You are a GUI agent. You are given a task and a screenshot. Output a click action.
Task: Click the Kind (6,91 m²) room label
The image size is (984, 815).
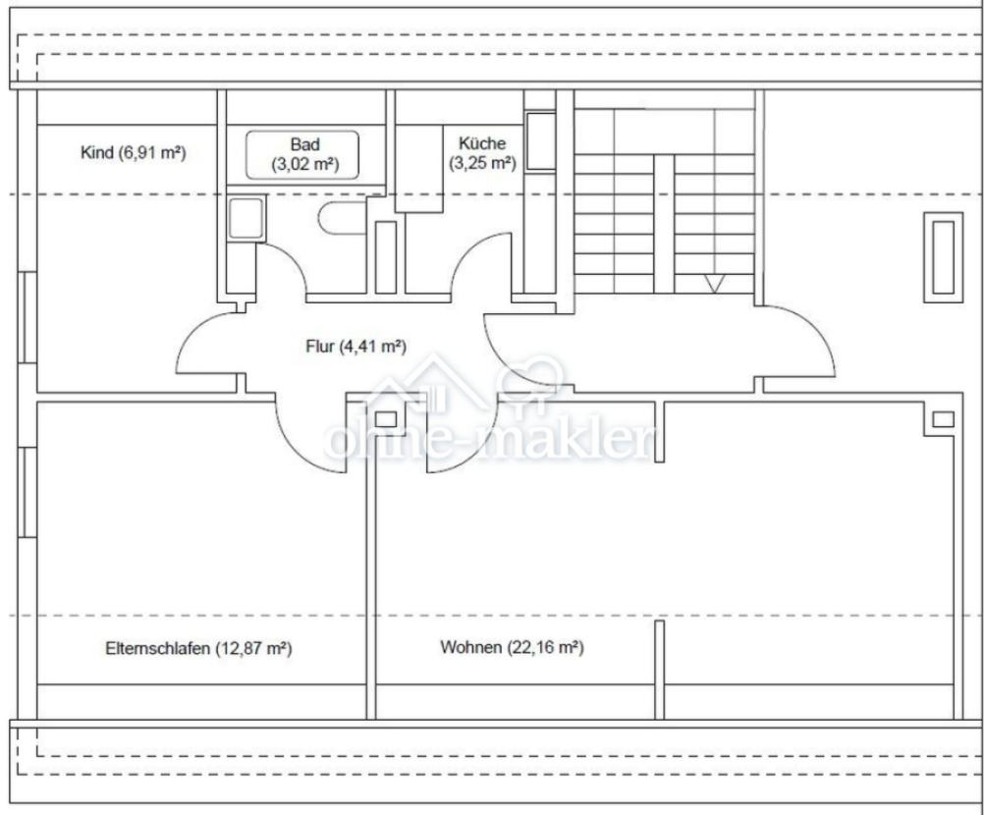click(x=133, y=152)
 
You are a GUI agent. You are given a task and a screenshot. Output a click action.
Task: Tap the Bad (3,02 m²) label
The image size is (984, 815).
click(x=305, y=154)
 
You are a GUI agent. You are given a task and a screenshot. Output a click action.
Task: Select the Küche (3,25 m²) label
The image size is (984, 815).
click(x=482, y=153)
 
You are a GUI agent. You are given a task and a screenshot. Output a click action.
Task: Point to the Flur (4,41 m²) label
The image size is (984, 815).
click(x=355, y=347)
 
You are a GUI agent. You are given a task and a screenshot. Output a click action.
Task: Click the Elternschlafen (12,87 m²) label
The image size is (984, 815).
click(x=198, y=648)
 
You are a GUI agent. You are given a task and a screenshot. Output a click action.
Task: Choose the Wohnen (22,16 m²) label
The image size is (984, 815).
click(x=512, y=647)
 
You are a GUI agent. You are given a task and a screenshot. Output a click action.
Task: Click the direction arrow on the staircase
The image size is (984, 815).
click(x=714, y=284)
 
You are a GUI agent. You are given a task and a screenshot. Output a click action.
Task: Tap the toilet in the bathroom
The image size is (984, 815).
click(x=343, y=218)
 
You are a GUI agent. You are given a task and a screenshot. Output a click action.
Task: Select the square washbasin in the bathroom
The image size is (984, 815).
click(x=246, y=218)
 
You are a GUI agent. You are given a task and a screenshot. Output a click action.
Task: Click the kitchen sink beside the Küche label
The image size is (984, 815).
click(x=540, y=140)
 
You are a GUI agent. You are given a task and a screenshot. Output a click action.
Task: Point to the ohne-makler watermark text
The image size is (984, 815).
click(x=489, y=439)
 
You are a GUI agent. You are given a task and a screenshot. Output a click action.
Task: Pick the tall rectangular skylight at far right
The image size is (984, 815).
click(x=943, y=257)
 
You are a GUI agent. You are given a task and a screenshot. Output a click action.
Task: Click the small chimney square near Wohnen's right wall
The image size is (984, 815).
click(x=943, y=419)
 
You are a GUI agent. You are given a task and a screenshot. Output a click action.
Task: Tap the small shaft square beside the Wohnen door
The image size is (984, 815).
click(x=385, y=419)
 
